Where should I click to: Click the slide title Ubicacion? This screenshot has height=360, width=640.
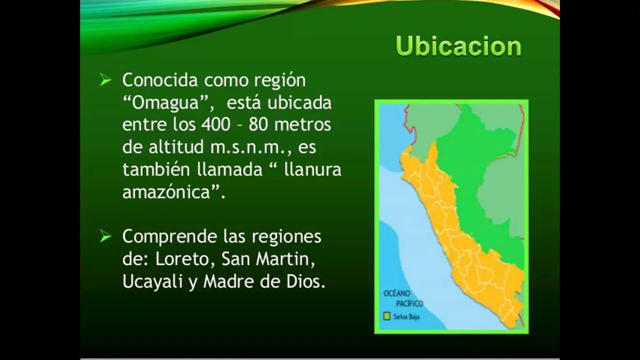click(x=458, y=46)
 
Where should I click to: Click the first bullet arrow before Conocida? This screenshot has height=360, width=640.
click(x=105, y=80)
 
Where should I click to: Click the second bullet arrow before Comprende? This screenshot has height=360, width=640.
click(x=105, y=236)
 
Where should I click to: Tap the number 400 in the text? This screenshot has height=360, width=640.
click(x=215, y=124)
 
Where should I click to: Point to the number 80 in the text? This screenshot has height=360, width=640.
click(x=258, y=124)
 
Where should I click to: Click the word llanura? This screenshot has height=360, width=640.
click(x=312, y=170)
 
